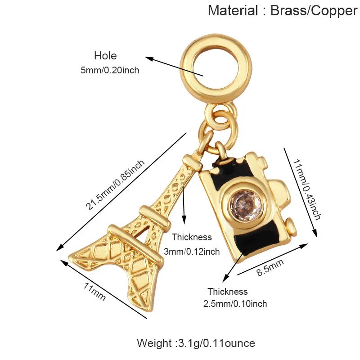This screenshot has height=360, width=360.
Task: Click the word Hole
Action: (x=105, y=56)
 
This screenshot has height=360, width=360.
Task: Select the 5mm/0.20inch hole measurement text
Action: (x=110, y=70)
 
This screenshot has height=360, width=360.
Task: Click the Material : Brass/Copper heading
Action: (x=283, y=10)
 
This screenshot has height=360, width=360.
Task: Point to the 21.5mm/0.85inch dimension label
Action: (x=116, y=185)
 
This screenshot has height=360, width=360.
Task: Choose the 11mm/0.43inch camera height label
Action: (x=307, y=189)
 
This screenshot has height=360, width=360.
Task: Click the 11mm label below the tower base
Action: (x=94, y=291)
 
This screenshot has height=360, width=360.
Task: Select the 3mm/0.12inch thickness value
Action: (x=192, y=252)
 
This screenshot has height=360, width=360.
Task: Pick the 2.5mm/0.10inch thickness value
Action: (x=235, y=304)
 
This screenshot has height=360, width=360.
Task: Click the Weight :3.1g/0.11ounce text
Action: (x=196, y=343)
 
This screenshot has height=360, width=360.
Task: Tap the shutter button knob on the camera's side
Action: (x=291, y=226)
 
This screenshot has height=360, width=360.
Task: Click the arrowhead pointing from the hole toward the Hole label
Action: (x=149, y=59)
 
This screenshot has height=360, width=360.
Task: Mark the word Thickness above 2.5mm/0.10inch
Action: (x=228, y=292)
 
